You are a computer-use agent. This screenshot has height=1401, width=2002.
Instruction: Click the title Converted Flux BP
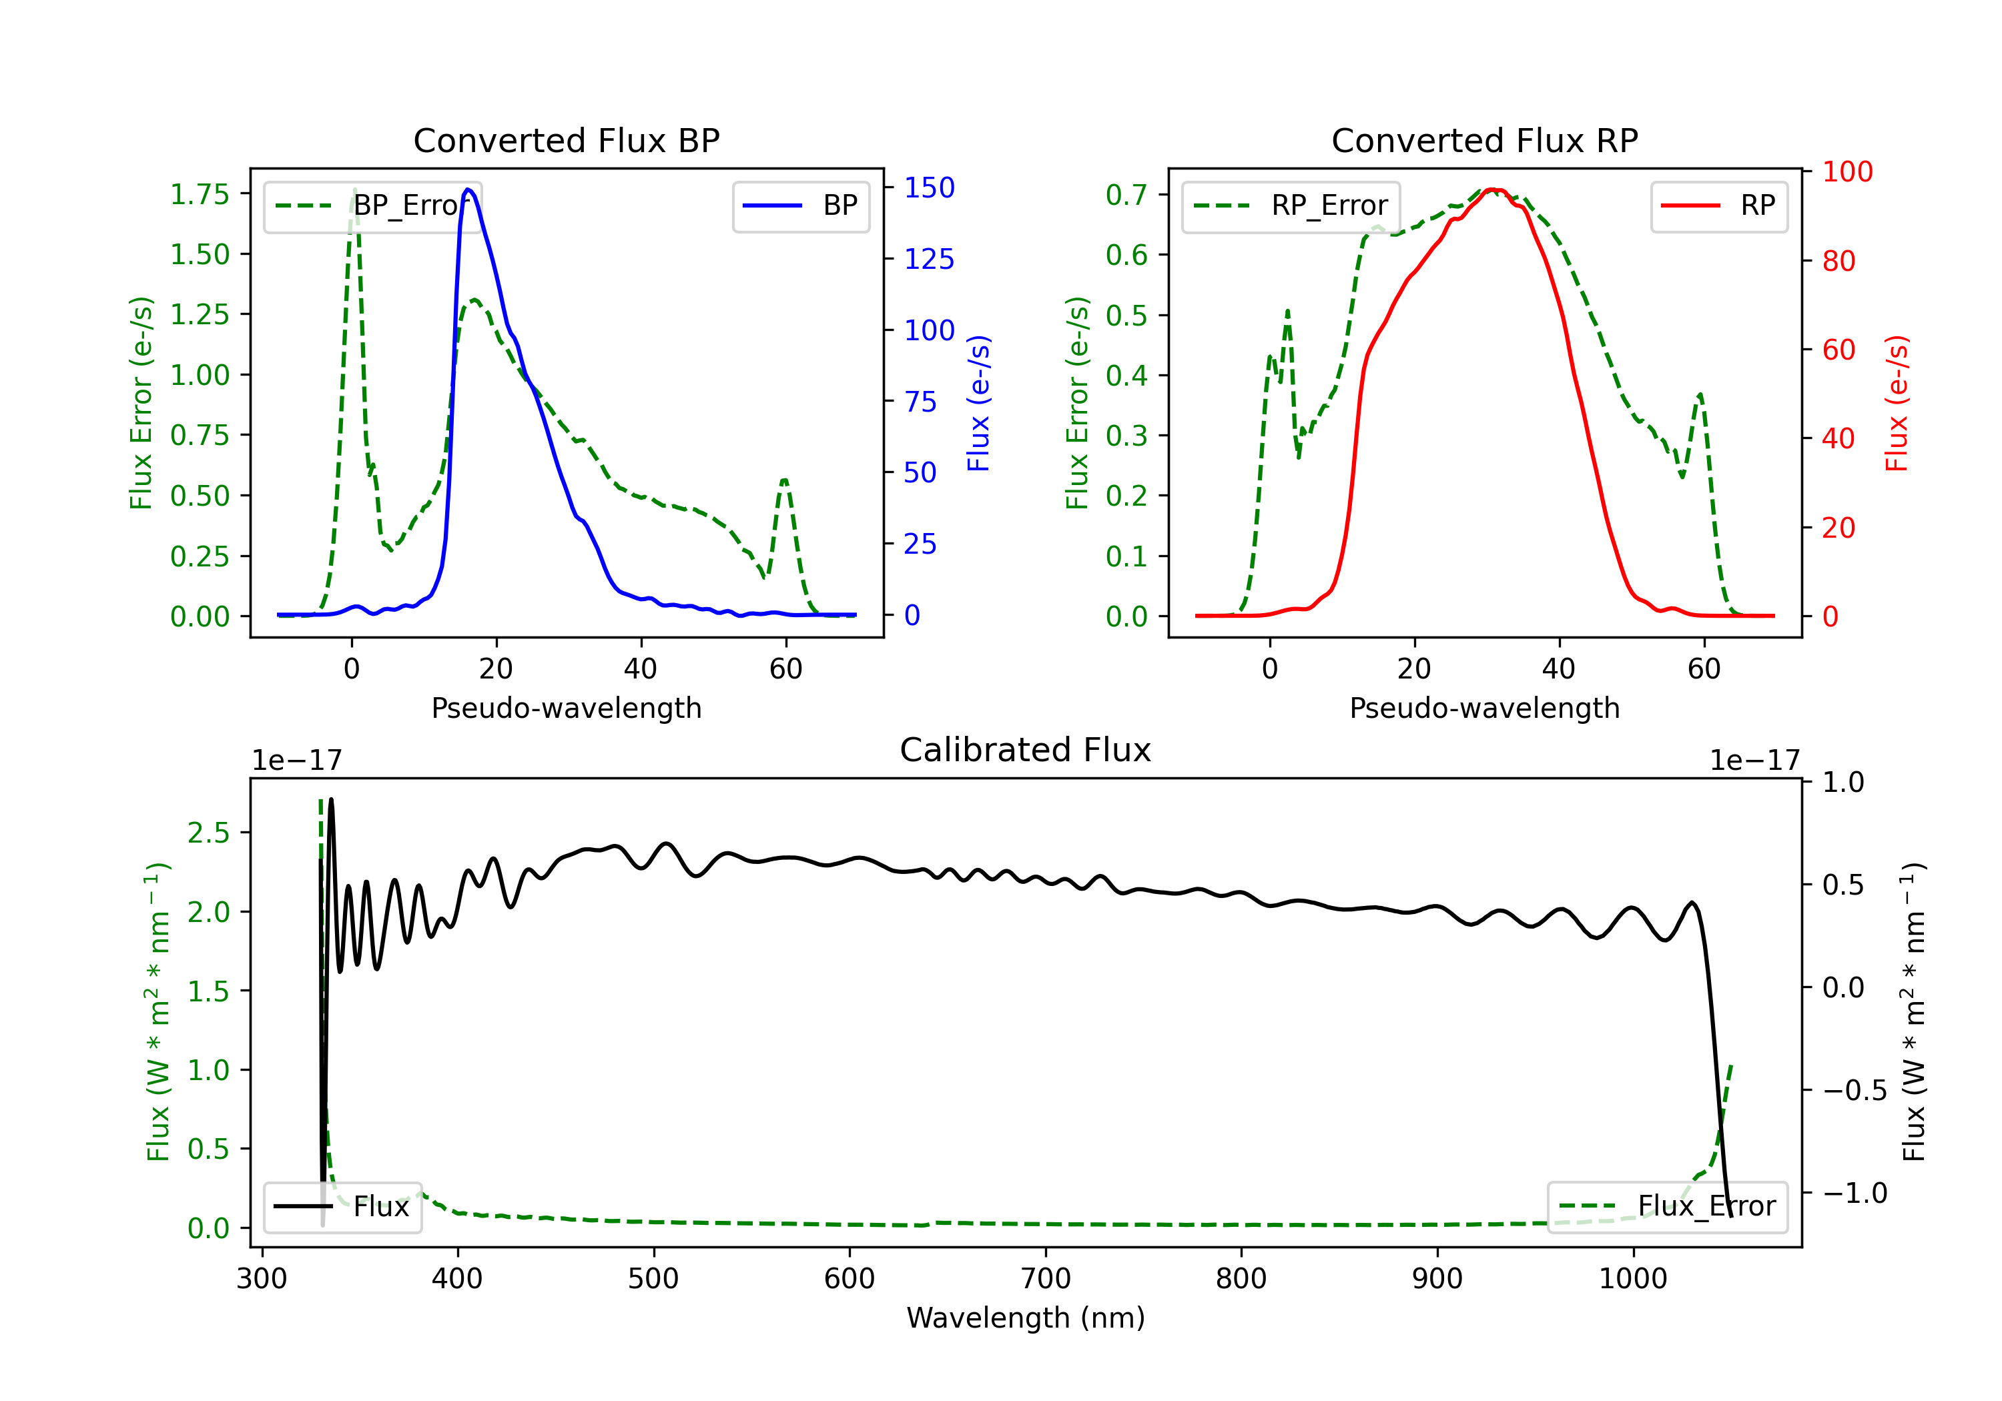(566, 140)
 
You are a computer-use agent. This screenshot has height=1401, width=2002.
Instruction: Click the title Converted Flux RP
(1484, 140)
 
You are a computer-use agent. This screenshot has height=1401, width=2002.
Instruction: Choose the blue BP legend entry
(800, 205)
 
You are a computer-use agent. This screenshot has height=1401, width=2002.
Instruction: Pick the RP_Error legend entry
(1291, 205)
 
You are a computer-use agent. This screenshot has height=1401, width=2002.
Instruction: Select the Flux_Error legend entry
(1666, 1207)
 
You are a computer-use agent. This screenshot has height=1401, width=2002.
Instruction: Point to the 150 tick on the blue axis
(929, 187)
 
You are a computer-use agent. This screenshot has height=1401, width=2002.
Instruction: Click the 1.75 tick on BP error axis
(200, 193)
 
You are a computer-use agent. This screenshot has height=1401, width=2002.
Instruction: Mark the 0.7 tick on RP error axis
(1126, 194)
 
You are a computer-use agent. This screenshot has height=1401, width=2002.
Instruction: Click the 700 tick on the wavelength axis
(1046, 1279)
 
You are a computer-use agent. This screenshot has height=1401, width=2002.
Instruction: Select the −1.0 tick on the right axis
(1854, 1193)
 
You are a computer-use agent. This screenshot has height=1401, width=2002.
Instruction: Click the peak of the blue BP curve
(468, 189)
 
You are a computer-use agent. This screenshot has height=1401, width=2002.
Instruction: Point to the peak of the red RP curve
(1493, 189)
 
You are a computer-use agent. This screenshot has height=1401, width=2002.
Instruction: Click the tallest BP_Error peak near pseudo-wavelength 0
(354, 190)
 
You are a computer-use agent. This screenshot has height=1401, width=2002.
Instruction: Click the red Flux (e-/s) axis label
(1897, 403)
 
